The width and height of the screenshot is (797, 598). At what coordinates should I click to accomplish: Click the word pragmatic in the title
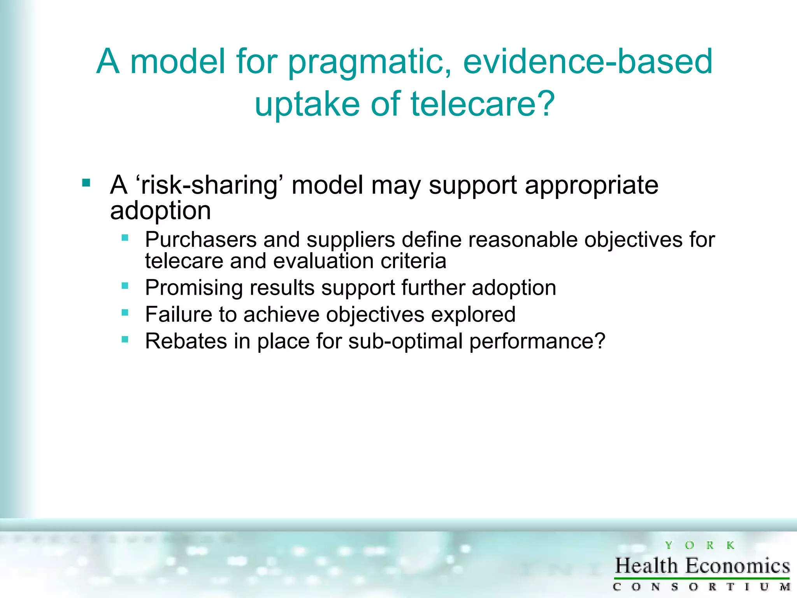370,62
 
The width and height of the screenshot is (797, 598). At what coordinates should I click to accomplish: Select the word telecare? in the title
483,104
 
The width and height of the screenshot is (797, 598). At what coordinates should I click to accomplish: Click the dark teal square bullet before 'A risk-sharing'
86,183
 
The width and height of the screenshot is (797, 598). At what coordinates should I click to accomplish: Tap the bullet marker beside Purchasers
125,238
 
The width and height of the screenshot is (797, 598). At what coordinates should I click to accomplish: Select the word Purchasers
201,239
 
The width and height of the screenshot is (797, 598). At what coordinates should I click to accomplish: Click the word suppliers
351,240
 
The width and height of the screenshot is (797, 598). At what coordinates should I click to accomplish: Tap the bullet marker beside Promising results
125,286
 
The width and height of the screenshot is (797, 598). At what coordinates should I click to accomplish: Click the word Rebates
186,341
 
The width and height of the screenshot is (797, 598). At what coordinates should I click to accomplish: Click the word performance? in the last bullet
537,342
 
